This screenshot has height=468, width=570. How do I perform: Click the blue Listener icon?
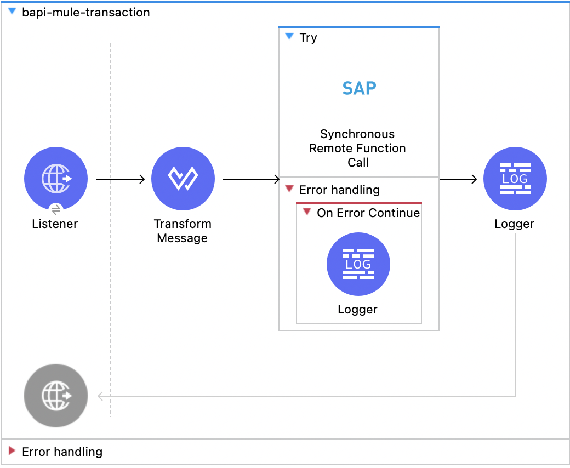pyautogui.click(x=56, y=179)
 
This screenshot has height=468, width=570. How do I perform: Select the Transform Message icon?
pyautogui.click(x=183, y=179)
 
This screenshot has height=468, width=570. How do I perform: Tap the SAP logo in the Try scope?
pyautogui.click(x=359, y=88)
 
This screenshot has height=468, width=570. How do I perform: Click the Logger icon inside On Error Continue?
pyautogui.click(x=358, y=265)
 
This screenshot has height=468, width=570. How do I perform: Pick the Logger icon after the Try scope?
pyautogui.click(x=515, y=179)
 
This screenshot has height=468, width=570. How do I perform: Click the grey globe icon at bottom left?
pyautogui.click(x=56, y=396)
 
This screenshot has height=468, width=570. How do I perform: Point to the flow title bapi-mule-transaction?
pyautogui.click(x=86, y=12)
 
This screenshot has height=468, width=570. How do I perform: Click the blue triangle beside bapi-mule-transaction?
pyautogui.click(x=12, y=12)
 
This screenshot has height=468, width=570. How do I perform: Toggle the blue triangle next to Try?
pyautogui.click(x=290, y=37)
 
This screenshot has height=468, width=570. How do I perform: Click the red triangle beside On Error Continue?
pyautogui.click(x=307, y=212)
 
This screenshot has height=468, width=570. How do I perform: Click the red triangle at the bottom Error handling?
pyautogui.click(x=12, y=451)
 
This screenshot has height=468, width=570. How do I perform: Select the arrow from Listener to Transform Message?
pyautogui.click(x=120, y=179)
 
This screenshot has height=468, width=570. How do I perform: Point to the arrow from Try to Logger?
pyautogui.click(x=459, y=179)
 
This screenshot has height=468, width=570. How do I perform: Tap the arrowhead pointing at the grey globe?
pyautogui.click(x=100, y=396)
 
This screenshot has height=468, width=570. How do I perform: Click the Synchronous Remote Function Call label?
pyautogui.click(x=358, y=148)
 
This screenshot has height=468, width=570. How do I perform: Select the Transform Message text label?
pyautogui.click(x=183, y=231)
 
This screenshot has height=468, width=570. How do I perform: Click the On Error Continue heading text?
pyautogui.click(x=368, y=213)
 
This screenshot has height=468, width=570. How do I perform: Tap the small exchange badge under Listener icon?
pyautogui.click(x=56, y=209)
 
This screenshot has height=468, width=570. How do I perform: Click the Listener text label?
pyautogui.click(x=55, y=224)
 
